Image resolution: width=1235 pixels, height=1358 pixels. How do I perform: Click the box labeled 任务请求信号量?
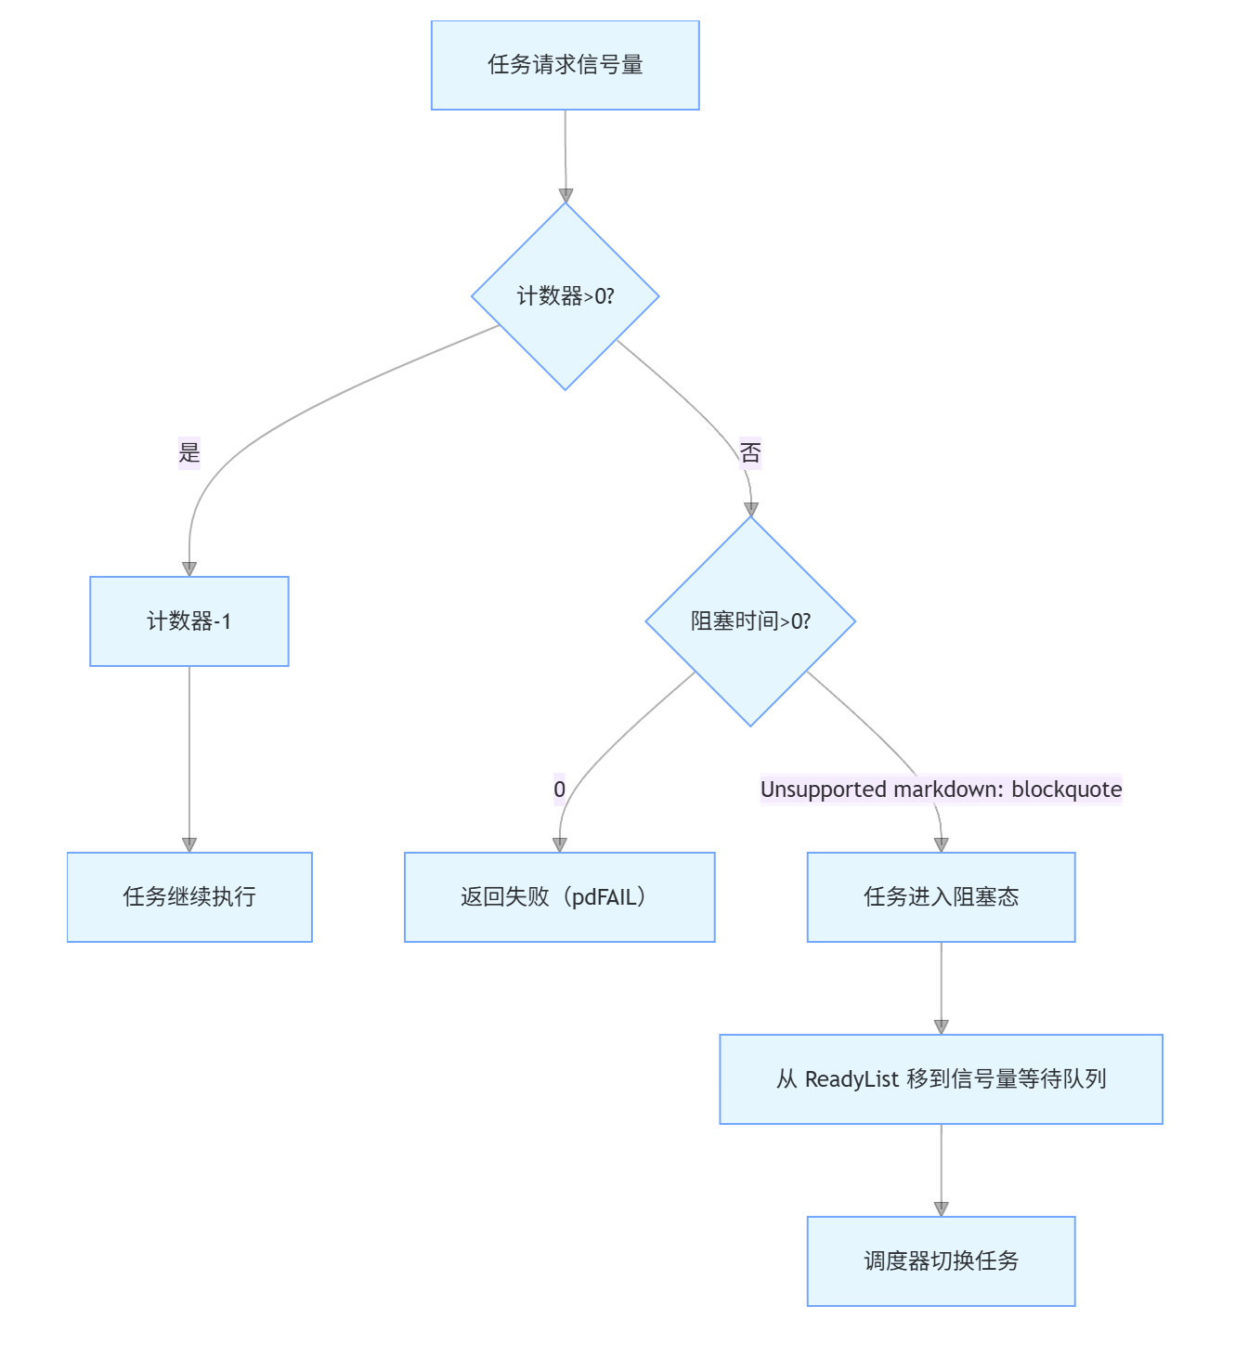pos(565,65)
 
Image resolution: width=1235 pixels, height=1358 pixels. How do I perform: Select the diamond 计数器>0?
pos(565,295)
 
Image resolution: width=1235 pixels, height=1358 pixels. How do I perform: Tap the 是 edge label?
pos(188,452)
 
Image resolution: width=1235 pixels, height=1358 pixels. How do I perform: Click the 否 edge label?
pos(750,452)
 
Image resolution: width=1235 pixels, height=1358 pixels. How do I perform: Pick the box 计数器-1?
pos(188,620)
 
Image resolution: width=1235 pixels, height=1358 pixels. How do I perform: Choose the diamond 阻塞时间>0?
pos(750,620)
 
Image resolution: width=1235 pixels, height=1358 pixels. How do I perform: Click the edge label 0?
pos(559,789)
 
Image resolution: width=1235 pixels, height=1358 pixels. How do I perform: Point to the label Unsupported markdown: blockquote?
pos(941,789)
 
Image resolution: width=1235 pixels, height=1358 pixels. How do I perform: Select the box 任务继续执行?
pos(189,896)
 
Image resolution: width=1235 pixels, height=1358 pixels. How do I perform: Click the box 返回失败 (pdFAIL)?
pos(559,896)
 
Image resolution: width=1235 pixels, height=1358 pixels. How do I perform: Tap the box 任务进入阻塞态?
pos(941,896)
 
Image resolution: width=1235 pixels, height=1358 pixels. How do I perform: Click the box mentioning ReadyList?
pos(941,1078)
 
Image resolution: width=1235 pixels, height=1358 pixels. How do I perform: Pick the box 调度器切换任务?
pos(941,1260)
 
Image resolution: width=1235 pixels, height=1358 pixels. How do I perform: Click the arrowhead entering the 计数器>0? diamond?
pos(566,196)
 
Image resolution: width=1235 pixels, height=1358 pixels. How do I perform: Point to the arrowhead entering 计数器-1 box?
pos(189,569)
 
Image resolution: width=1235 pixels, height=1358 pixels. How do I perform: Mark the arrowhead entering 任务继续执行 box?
pos(189,845)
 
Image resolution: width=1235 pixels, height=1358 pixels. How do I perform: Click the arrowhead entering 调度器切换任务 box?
pos(942,1209)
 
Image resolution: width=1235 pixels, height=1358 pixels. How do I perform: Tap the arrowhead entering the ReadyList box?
pos(942,1027)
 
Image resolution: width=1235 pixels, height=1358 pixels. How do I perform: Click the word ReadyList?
pos(851,1079)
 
